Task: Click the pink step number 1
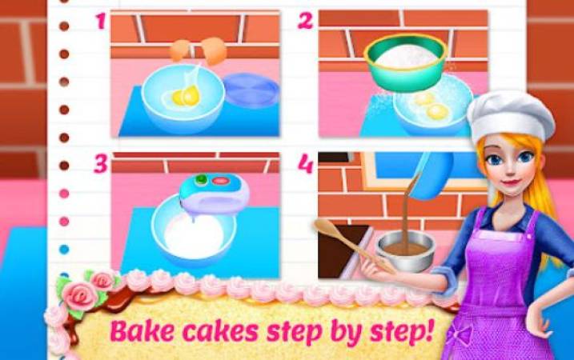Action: (x=101, y=22)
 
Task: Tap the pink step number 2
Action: (x=305, y=21)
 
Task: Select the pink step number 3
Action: (x=101, y=164)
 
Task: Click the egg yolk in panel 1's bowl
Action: (x=186, y=96)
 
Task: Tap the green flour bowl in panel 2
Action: (x=406, y=62)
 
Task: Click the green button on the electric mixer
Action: (x=201, y=179)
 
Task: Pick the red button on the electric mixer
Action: (x=220, y=180)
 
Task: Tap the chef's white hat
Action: (x=511, y=116)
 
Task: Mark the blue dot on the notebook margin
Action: (x=64, y=250)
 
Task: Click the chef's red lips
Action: (x=511, y=182)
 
